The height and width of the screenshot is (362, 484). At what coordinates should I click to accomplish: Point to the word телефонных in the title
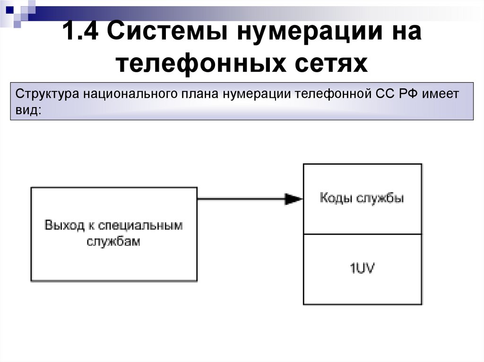tap(208, 63)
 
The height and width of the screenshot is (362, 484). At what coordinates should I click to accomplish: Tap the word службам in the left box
tap(113, 242)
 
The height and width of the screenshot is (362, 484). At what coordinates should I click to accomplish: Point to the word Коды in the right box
tap(335, 198)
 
